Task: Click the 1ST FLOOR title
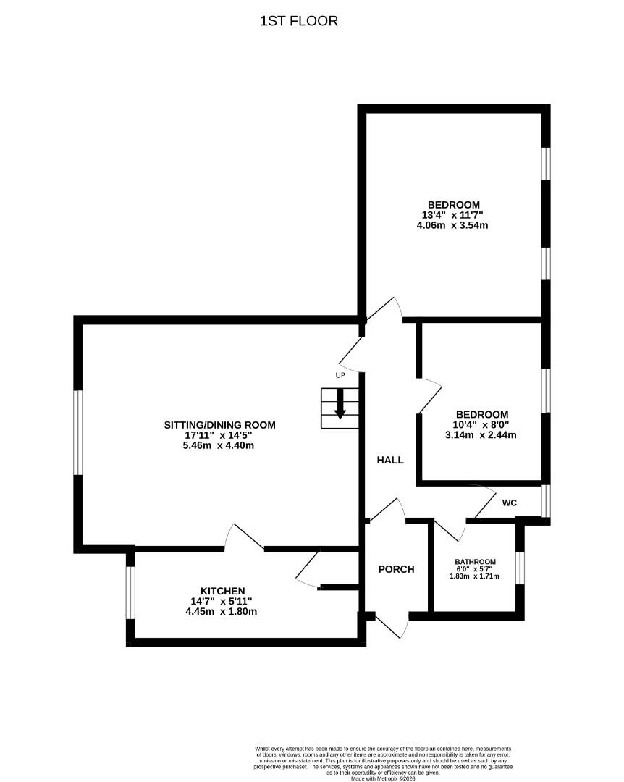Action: point(299,21)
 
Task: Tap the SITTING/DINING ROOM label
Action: point(219,425)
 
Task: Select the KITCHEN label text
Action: point(222,591)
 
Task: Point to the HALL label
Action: point(389,460)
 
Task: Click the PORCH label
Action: point(396,569)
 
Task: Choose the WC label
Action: point(510,502)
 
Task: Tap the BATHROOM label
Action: point(475,562)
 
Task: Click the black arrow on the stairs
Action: point(340,409)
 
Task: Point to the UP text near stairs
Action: point(340,375)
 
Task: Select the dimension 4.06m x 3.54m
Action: point(453,225)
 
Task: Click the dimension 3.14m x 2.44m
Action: point(481,435)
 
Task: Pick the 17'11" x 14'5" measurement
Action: point(219,436)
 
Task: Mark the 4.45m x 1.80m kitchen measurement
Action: point(222,611)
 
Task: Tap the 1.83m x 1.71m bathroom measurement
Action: point(475,576)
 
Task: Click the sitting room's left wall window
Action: point(77,433)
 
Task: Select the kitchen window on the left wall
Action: point(130,592)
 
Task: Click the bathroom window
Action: point(520,568)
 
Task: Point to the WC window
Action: point(546,500)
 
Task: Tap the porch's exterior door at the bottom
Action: point(392,624)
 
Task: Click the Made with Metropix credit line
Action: point(384,778)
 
